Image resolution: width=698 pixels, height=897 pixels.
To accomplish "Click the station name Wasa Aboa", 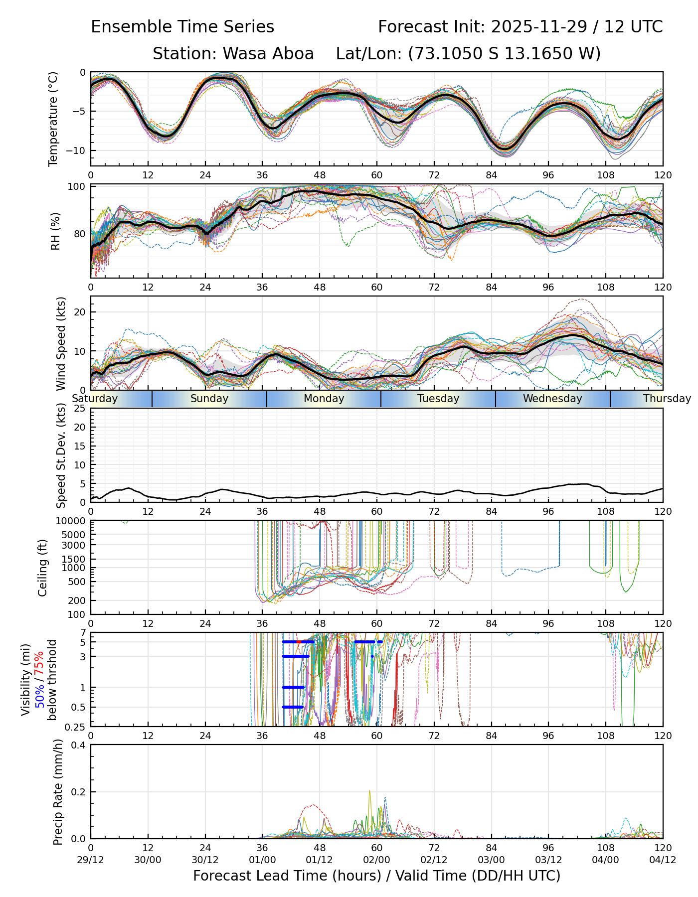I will point(268,53).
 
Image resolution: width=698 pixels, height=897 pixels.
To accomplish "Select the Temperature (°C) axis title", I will point(53,119).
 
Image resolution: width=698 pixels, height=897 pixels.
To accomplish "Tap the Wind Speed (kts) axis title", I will point(61,343).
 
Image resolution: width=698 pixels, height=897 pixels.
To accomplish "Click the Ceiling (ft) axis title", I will point(43,567).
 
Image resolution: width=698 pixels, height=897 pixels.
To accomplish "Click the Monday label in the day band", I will point(324,399).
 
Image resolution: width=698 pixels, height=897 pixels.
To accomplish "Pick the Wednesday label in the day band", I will point(552,399).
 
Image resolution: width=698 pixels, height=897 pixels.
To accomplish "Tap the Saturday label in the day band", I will point(95,399).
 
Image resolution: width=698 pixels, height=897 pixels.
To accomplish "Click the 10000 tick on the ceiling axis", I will point(71,521).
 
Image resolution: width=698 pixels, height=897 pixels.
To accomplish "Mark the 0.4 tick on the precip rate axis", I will point(78,745).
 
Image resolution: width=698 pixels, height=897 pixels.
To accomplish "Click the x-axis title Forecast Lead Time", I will point(376,876).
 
